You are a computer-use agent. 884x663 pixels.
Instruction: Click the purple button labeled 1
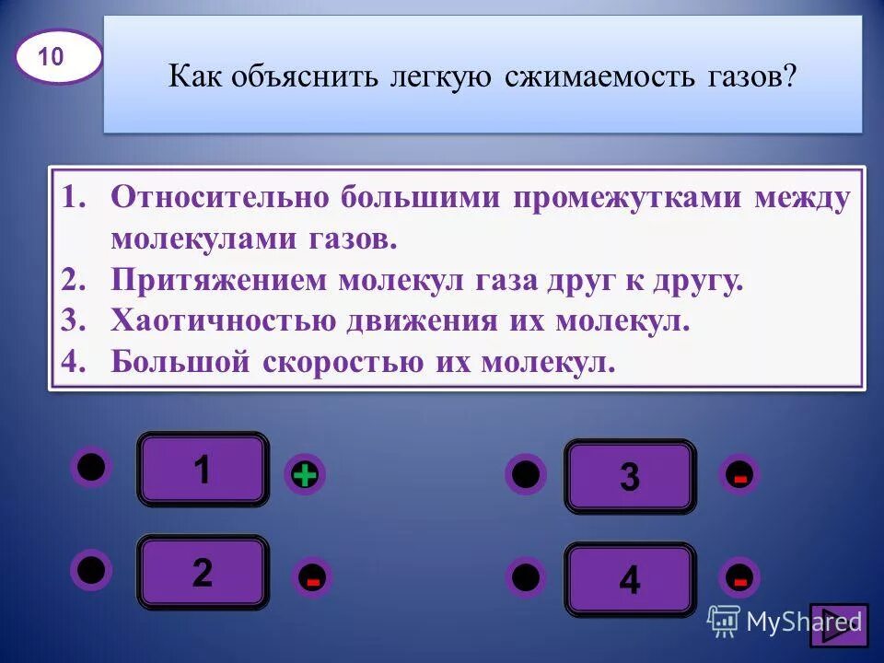(x=203, y=470)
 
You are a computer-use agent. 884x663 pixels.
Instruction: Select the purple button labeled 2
(x=203, y=573)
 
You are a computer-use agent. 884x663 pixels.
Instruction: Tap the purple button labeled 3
(x=630, y=477)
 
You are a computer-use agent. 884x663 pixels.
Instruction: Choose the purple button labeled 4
(x=630, y=579)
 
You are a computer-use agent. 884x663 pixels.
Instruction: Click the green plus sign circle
(x=305, y=474)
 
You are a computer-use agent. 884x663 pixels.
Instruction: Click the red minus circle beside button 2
(x=313, y=578)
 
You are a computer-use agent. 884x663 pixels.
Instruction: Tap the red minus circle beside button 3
(x=740, y=475)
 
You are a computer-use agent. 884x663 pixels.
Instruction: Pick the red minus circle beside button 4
(x=740, y=577)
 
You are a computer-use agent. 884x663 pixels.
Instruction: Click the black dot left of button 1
(x=91, y=466)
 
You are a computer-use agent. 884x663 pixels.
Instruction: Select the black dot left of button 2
(x=91, y=569)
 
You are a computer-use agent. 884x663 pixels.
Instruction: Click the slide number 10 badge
(x=57, y=57)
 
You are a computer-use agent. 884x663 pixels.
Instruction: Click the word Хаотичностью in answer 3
(x=227, y=321)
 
